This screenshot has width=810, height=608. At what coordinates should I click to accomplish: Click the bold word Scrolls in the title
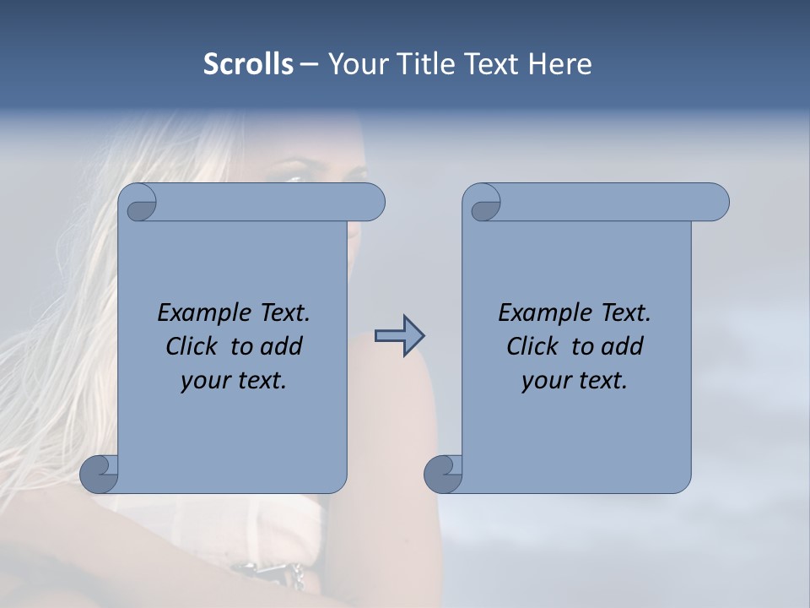248,64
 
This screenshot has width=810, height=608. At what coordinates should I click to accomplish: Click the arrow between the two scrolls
400,336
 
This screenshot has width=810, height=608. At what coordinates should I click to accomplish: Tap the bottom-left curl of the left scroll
99,474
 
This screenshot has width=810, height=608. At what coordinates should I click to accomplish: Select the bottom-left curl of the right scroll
443,474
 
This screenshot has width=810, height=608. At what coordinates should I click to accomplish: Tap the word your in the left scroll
205,381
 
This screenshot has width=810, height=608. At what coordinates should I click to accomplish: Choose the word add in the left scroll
282,346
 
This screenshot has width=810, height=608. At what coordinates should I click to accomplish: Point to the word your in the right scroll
546,381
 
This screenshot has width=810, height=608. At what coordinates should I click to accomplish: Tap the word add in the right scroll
623,346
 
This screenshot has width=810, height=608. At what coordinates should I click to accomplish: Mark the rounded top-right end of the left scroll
372,203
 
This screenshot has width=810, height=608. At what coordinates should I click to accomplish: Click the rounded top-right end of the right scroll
716,203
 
